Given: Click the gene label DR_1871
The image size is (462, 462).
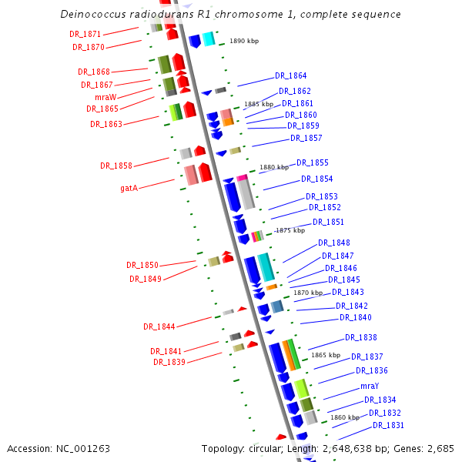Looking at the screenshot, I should [x=85, y=35].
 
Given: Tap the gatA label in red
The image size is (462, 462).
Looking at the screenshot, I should [x=129, y=187].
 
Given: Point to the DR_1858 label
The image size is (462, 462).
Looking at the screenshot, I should [x=116, y=166].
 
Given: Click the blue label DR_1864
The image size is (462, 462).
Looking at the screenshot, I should [x=290, y=76].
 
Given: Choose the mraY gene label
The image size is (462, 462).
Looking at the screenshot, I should [x=370, y=386].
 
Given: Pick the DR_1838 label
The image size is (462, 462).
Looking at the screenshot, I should [x=360, y=337].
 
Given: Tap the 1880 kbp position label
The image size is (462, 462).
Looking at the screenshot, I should [x=275, y=166].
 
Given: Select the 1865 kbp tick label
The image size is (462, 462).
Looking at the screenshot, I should [x=326, y=355].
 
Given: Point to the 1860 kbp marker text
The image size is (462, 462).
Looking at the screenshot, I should [x=345, y=417].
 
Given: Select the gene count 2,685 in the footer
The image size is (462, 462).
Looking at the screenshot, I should [x=440, y=448].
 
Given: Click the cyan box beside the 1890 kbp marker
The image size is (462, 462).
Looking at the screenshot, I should [x=208, y=38].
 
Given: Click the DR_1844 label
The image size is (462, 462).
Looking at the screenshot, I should [x=159, y=326].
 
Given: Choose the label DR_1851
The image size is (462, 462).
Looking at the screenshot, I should [x=328, y=222].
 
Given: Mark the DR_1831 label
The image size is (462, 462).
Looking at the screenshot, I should [x=388, y=425].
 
